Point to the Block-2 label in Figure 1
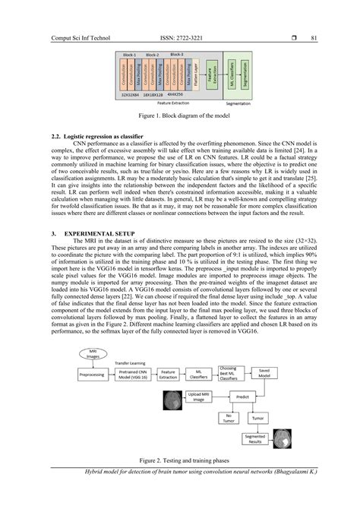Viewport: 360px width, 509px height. pyautogui.click(x=152, y=55)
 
